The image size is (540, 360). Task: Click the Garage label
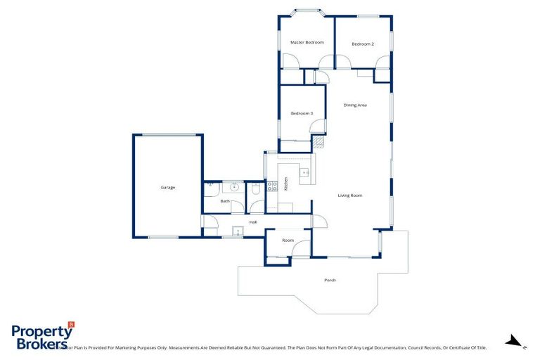coord(167,187)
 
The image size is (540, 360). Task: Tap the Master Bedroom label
coord(307,42)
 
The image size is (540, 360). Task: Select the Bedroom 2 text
coord(363,44)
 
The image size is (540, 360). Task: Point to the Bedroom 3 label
coord(302,113)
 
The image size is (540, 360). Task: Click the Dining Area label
coord(355,105)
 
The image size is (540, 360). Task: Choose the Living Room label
coord(349,195)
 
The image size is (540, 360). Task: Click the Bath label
coord(225,201)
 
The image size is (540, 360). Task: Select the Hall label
coord(252,222)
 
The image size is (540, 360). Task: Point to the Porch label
coord(330,280)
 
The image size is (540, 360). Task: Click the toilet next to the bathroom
coord(256,188)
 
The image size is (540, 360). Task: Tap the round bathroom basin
coord(233,187)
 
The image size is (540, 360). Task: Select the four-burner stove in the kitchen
coord(272,186)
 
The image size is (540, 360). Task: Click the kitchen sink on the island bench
coord(305,172)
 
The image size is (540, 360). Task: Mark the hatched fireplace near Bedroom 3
coord(318,143)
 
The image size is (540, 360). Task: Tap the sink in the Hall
coord(238,230)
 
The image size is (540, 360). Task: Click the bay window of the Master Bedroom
coord(306,11)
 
